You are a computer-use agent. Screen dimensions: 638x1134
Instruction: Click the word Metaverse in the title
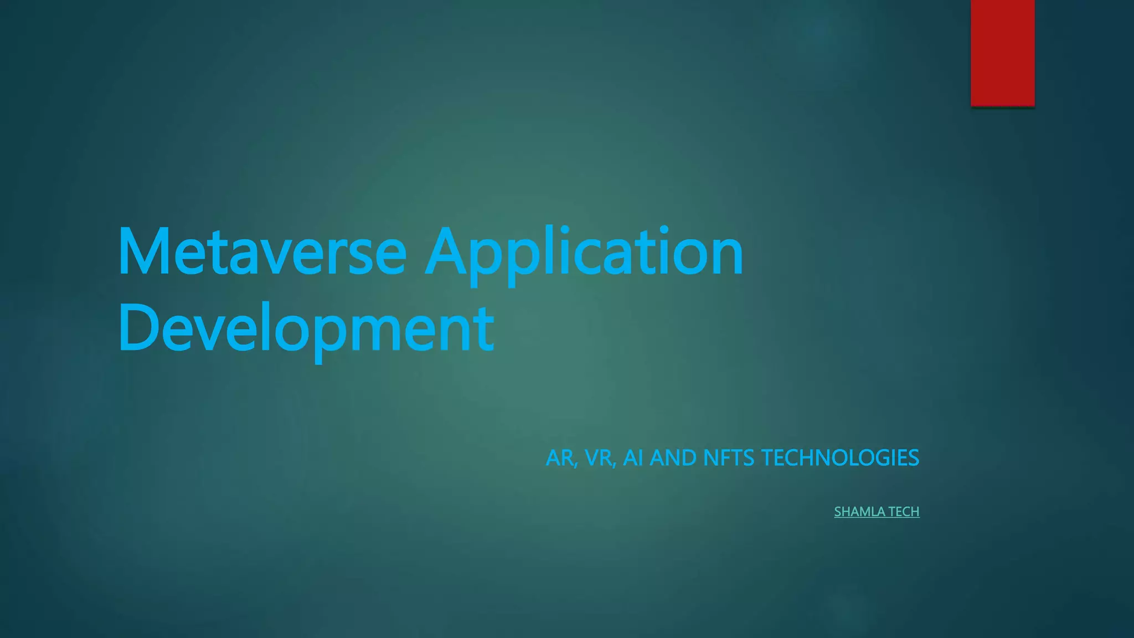[262, 252]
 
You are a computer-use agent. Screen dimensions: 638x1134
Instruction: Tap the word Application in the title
[584, 252]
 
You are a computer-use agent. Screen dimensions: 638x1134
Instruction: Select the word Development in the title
[306, 328]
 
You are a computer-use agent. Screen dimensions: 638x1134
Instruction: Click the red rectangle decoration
[1002, 53]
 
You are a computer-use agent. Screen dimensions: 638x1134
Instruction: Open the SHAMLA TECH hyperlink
[877, 512]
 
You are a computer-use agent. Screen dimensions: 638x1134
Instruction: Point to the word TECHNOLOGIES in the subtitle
[840, 458]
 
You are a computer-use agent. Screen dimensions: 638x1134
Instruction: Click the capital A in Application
[447, 252]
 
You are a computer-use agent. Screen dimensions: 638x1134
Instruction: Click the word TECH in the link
[904, 512]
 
